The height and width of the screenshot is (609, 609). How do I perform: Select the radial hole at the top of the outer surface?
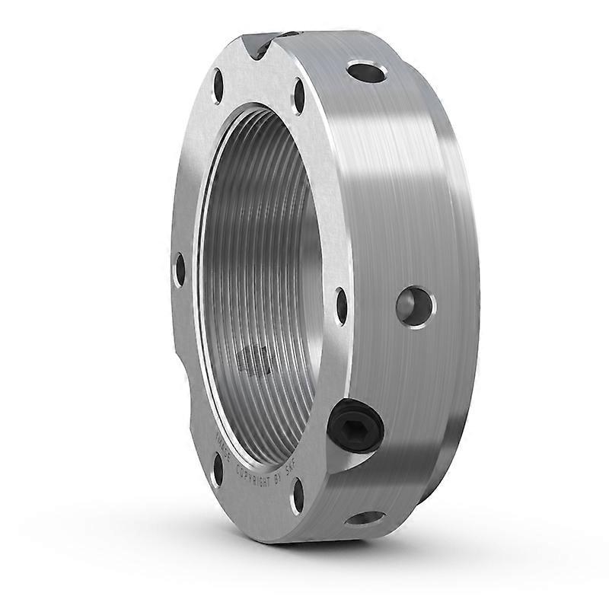click(366, 72)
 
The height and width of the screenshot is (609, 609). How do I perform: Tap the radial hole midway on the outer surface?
click(415, 306)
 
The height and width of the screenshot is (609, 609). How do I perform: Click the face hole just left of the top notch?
click(218, 85)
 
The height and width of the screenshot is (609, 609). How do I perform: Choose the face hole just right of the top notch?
click(299, 97)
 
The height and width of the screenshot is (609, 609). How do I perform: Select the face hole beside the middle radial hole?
click(341, 305)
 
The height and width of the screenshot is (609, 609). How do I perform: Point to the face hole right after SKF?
click(298, 496)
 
